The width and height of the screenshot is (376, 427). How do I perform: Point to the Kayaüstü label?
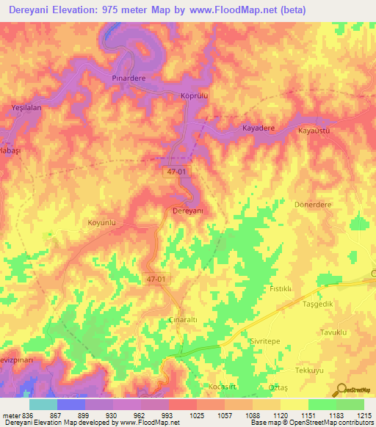click(316, 131)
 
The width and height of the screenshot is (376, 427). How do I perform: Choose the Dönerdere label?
click(314, 205)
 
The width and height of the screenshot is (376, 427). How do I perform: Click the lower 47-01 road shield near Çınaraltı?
click(156, 279)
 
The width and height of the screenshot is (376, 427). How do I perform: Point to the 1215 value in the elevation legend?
click(363, 415)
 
